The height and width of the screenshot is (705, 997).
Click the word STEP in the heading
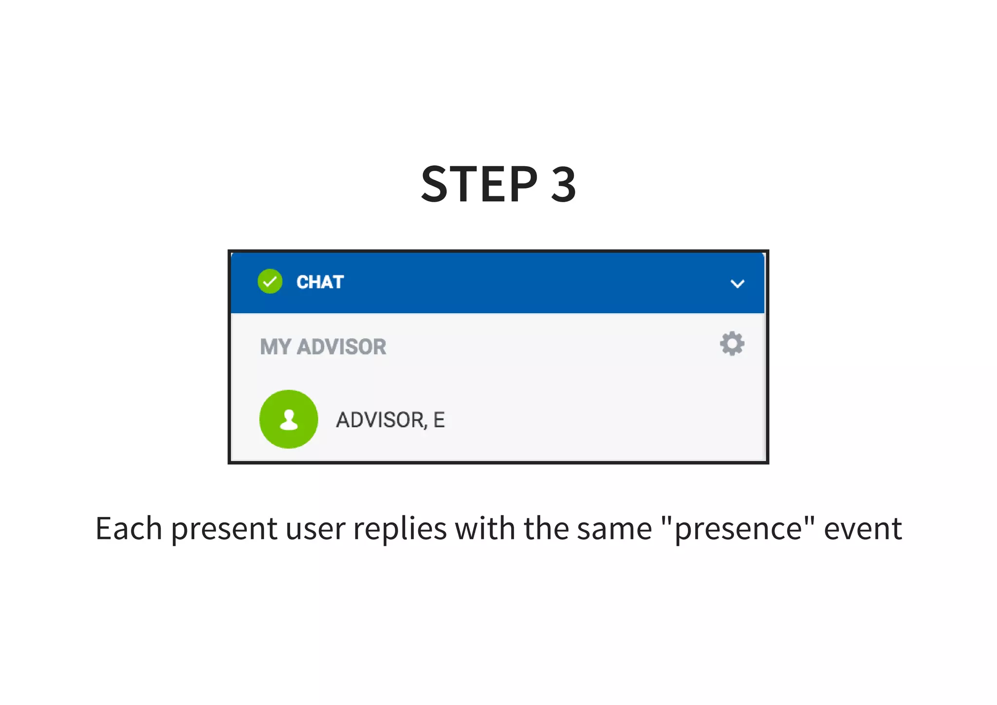[x=480, y=184]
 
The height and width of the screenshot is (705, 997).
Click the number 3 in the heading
[x=564, y=184]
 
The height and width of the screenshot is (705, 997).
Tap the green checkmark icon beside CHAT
[x=270, y=282]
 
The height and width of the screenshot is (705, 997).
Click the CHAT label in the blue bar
[x=320, y=282]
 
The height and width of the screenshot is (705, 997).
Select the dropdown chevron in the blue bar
[x=737, y=284]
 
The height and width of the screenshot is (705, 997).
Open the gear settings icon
[x=732, y=344]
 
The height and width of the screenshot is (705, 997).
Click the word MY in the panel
[x=275, y=347]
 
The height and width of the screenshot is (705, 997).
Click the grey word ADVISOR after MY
[x=341, y=347]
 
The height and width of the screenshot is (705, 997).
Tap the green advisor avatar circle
[x=289, y=419]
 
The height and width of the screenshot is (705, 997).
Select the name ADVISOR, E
[x=390, y=420]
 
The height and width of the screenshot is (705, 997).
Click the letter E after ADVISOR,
[x=439, y=420]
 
